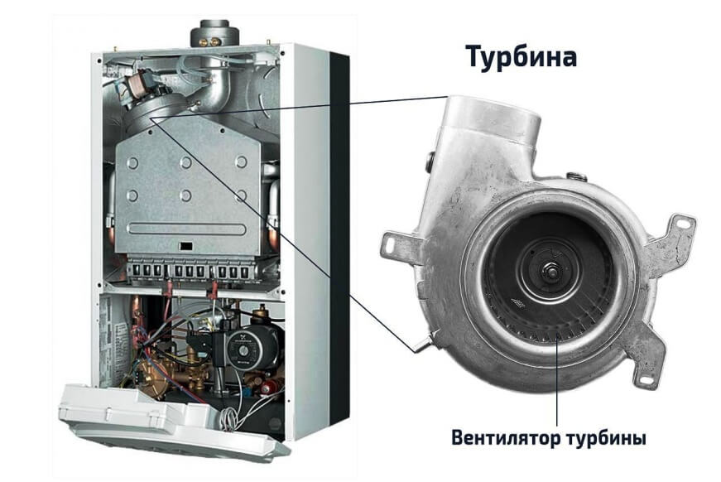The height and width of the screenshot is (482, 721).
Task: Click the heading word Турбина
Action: (522, 57)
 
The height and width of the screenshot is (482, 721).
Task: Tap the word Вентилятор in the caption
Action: (507, 437)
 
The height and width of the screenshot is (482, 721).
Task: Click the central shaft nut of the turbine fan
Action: (550, 270)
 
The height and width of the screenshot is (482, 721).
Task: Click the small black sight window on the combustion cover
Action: (185, 246)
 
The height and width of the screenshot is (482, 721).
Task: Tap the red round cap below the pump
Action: (267, 388)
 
